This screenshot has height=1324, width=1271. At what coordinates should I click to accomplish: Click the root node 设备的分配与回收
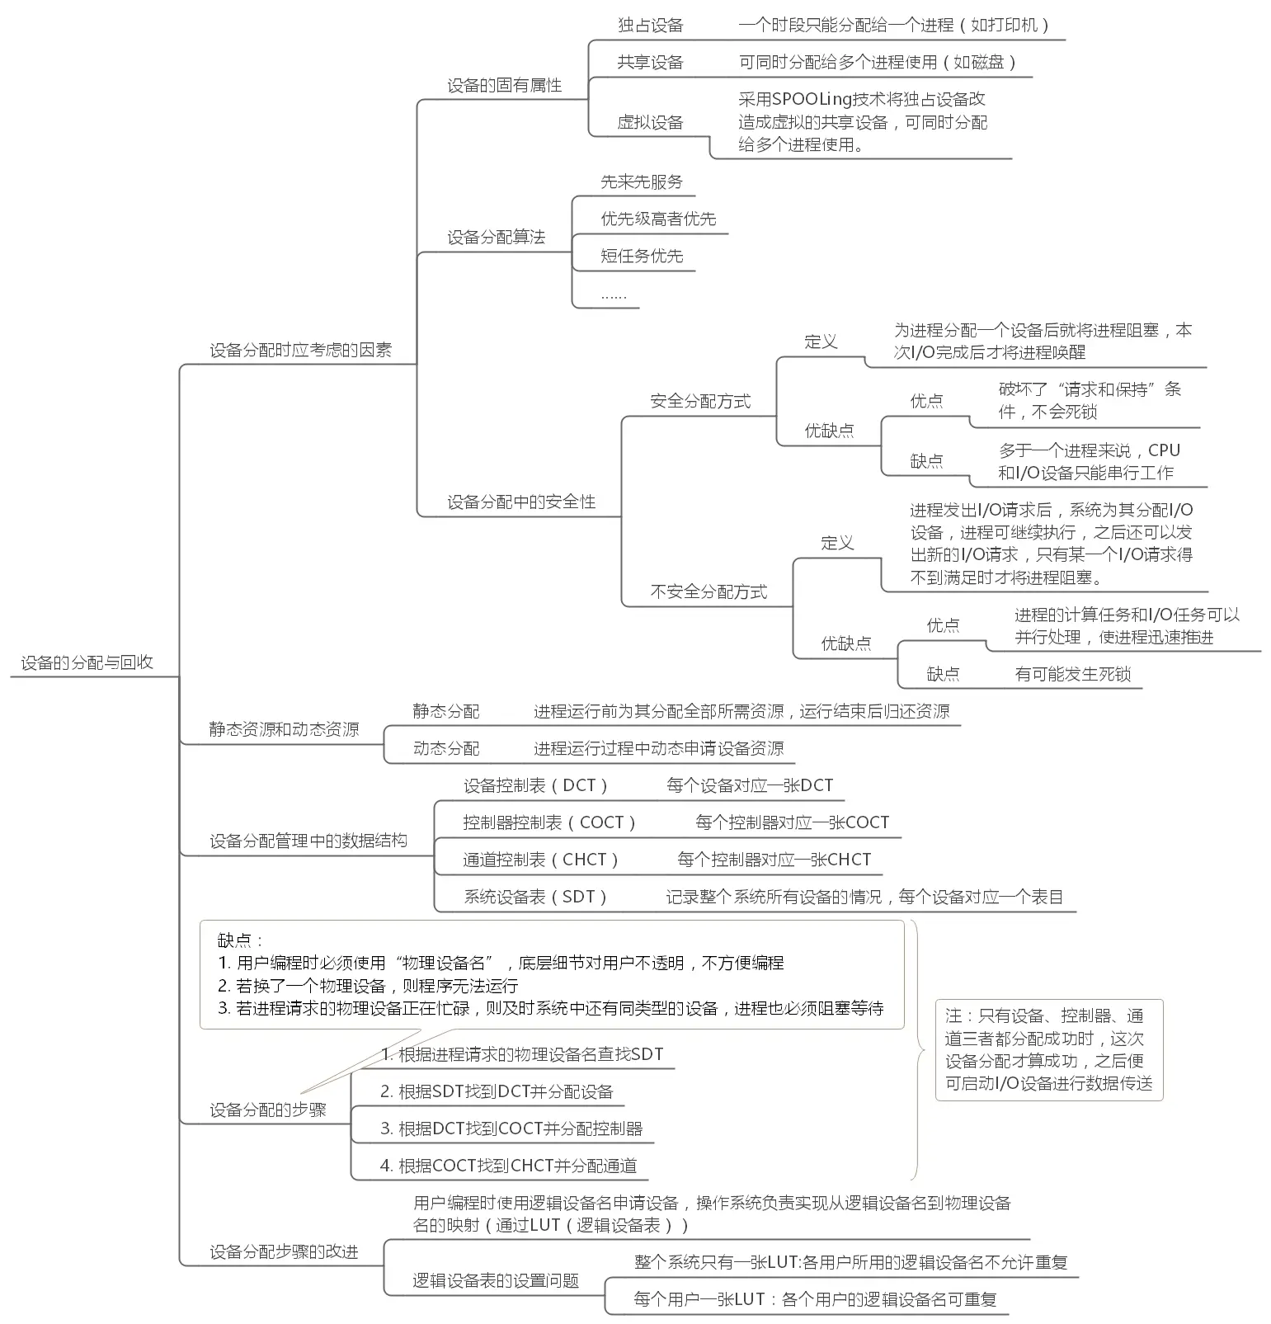[x=87, y=662]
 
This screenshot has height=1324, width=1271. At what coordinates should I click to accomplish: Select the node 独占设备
[x=650, y=26]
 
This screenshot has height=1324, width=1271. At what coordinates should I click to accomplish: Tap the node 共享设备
[x=650, y=62]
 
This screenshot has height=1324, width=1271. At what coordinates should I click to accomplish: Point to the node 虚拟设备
[x=650, y=123]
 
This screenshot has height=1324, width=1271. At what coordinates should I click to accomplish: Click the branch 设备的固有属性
[x=504, y=86]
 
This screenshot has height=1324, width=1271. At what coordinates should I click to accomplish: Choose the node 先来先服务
[x=641, y=182]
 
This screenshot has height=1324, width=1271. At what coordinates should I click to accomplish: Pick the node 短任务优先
[x=641, y=256]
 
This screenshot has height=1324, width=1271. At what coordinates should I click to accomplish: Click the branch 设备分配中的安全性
[x=520, y=502]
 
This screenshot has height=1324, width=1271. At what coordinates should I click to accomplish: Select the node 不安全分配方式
[x=708, y=591]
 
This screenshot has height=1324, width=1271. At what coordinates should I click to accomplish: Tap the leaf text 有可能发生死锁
[x=1071, y=674]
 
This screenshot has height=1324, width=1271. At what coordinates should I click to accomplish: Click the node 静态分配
[x=445, y=711]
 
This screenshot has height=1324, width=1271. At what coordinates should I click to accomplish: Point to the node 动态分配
[x=445, y=748]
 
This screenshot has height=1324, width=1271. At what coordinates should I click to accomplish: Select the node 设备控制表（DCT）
[x=535, y=785]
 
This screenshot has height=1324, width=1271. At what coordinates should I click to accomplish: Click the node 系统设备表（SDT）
[x=535, y=897]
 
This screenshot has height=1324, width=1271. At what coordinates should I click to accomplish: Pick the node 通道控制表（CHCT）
[x=540, y=860]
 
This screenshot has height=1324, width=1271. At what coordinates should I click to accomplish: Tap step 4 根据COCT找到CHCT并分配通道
[x=508, y=1166]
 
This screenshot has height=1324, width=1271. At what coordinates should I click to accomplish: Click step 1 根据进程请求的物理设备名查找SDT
[x=521, y=1054]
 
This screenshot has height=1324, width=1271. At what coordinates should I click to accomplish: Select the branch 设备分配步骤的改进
[x=283, y=1251]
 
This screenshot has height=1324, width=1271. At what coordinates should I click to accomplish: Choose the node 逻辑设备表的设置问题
[x=496, y=1280]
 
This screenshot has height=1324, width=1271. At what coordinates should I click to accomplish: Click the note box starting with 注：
[x=1048, y=1050]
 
